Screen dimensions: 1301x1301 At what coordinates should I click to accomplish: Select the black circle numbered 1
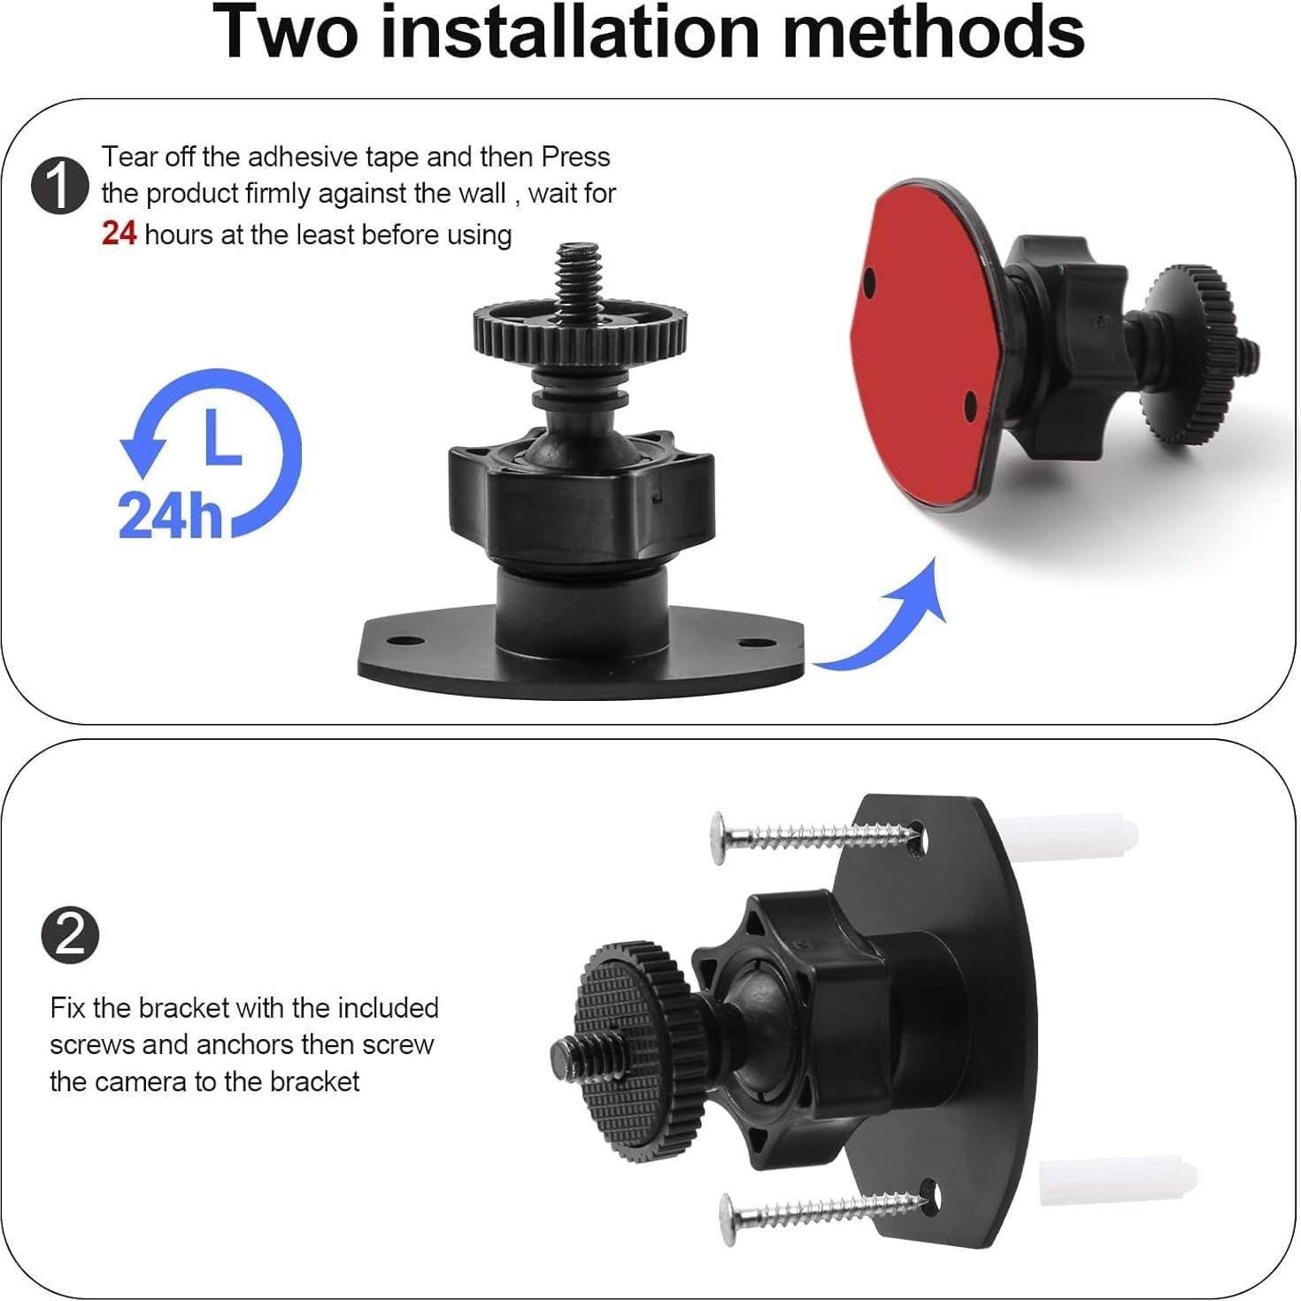tap(60, 187)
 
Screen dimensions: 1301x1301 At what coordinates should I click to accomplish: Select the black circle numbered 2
tap(70, 935)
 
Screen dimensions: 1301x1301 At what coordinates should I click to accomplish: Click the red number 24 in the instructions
tap(119, 233)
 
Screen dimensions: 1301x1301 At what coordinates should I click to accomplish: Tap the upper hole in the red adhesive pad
tap(870, 279)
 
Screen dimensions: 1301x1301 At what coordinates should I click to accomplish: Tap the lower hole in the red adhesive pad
tap(971, 405)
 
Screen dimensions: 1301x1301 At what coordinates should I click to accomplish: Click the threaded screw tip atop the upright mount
tap(580, 273)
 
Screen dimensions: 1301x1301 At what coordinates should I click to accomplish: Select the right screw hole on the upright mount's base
tap(752, 643)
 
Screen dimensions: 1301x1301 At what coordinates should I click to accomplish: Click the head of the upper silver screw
tap(719, 838)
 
